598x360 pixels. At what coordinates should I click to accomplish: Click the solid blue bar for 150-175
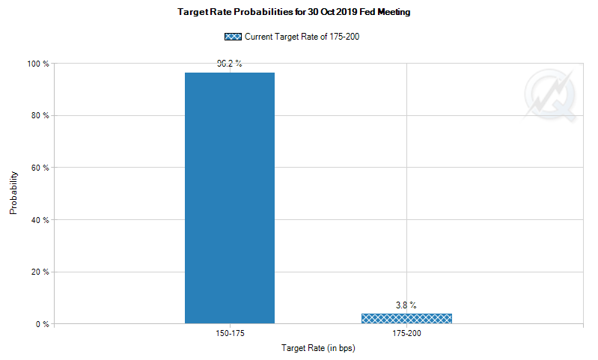(x=230, y=198)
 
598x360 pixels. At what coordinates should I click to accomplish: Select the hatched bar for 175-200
(x=406, y=319)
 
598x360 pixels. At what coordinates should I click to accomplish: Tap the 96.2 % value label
(x=230, y=64)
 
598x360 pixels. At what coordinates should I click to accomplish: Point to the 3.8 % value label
(x=406, y=305)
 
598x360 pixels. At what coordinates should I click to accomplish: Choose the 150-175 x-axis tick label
(x=230, y=333)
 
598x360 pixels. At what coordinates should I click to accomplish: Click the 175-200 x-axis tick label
(x=406, y=333)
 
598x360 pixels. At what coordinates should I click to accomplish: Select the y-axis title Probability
(x=13, y=194)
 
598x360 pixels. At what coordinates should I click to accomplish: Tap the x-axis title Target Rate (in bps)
(x=318, y=349)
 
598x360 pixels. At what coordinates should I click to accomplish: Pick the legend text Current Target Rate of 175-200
(x=302, y=36)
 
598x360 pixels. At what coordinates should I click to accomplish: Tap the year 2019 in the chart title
(x=341, y=13)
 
